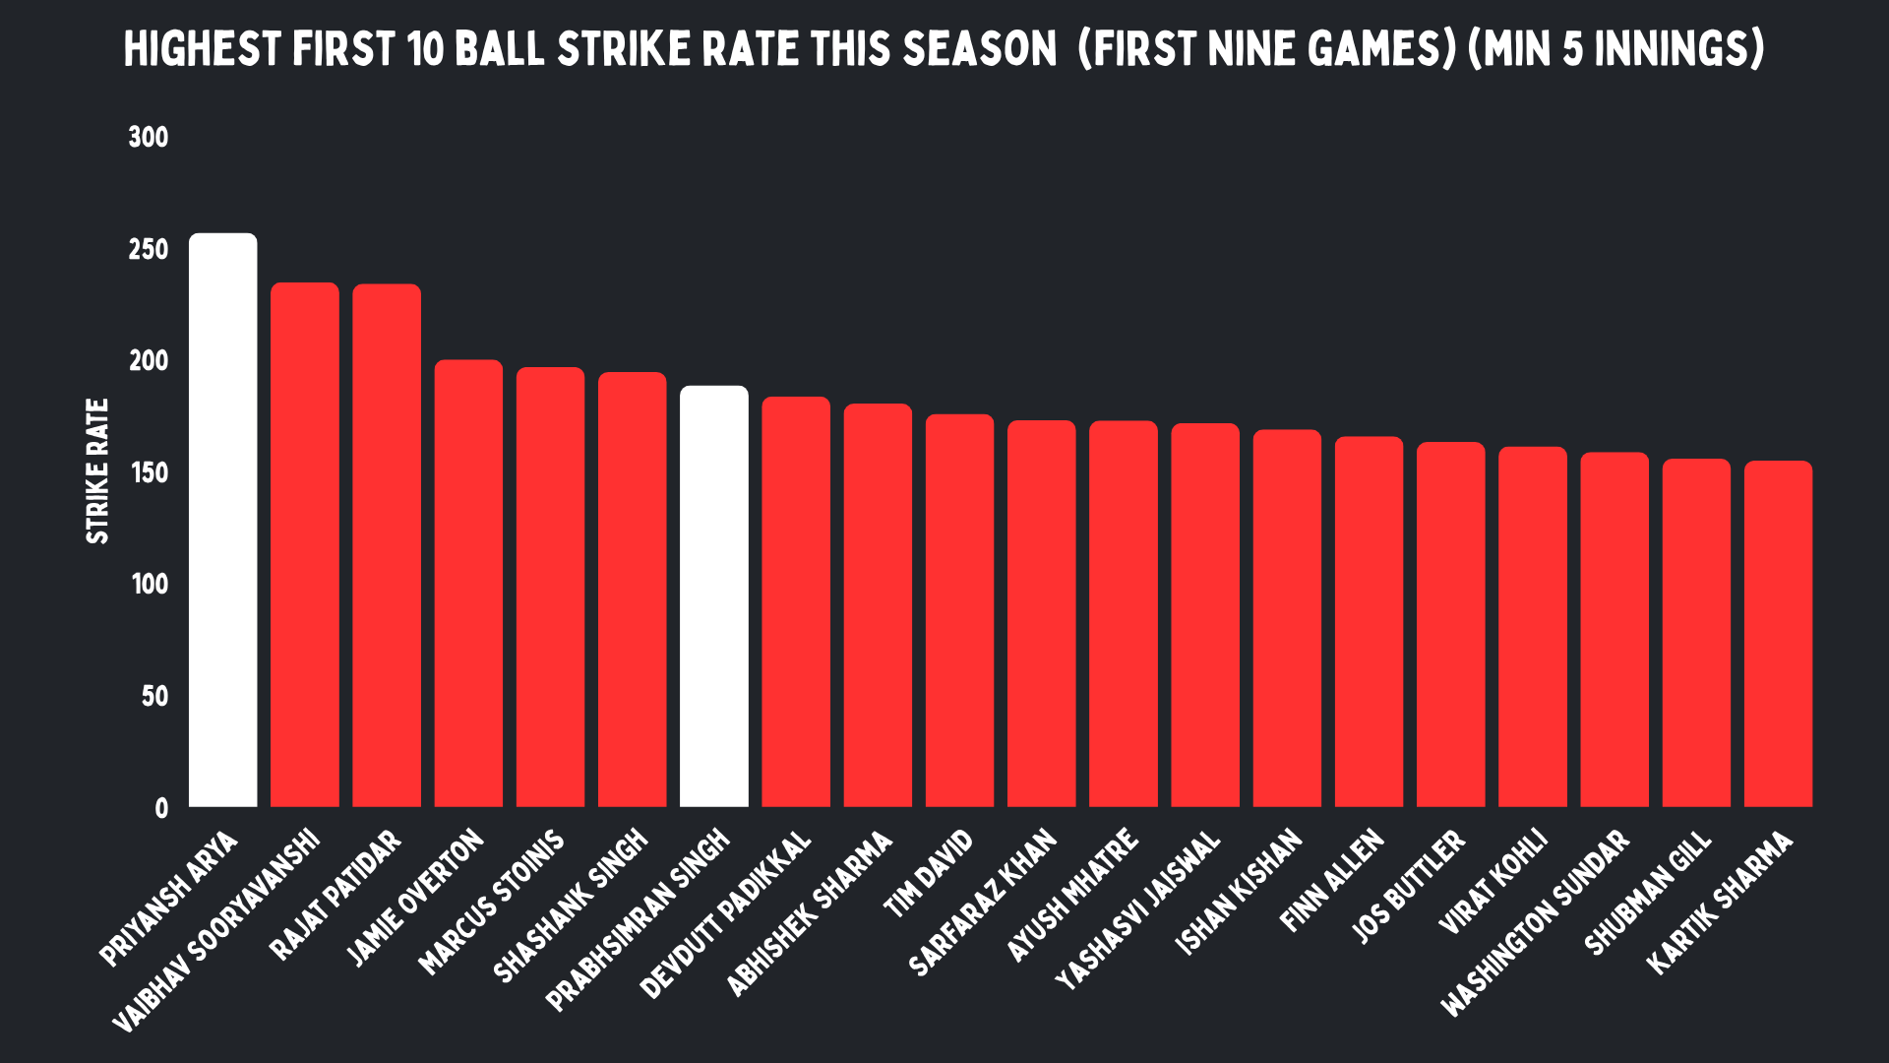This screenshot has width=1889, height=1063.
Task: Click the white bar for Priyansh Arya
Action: pyautogui.click(x=223, y=520)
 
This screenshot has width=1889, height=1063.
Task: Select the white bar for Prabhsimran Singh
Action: pyautogui.click(x=714, y=596)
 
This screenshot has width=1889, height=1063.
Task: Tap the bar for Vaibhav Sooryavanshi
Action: pyautogui.click(x=305, y=544)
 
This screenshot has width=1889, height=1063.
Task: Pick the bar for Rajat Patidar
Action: pyautogui.click(x=387, y=545)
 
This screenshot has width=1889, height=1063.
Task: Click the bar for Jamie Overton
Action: pyautogui.click(x=468, y=584)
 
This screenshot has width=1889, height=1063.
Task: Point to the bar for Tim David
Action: pyautogui.click(x=959, y=610)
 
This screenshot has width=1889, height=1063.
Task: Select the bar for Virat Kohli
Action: pyautogui.click(x=1533, y=627)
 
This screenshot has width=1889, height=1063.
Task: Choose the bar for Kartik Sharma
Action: pyautogui.click(x=1779, y=634)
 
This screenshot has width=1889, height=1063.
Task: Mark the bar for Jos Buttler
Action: pyautogui.click(x=1451, y=624)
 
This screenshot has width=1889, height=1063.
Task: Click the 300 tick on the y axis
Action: pyautogui.click(x=149, y=137)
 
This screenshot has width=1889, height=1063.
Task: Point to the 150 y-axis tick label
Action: pyautogui.click(x=149, y=472)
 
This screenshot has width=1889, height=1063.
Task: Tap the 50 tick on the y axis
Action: pyautogui.click(x=154, y=697)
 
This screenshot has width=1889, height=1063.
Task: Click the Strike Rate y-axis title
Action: pyautogui.click(x=97, y=470)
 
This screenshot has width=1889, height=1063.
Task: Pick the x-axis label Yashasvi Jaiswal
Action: pyautogui.click(x=1138, y=909)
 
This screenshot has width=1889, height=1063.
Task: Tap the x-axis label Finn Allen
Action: pyautogui.click(x=1332, y=881)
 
